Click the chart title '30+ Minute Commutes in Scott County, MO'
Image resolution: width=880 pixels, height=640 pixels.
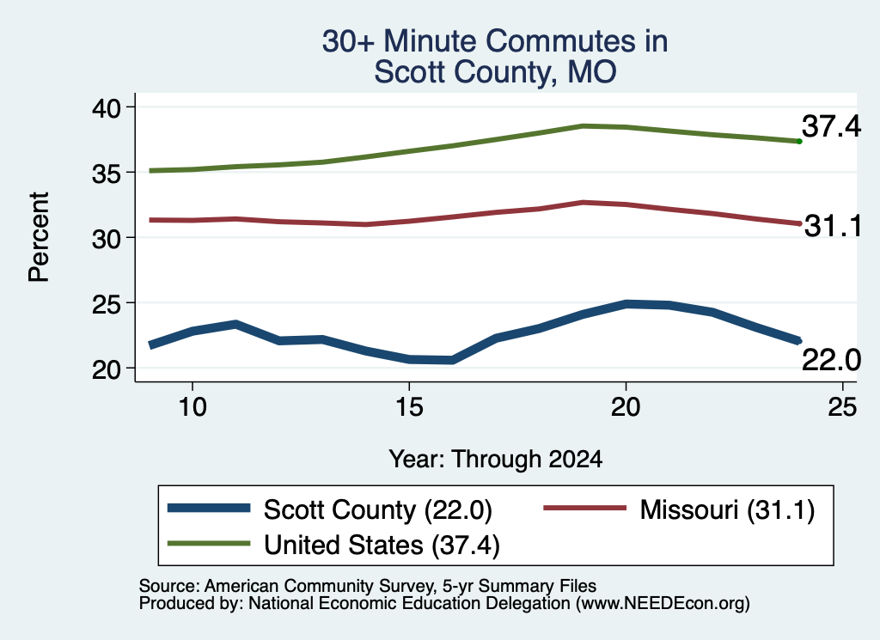click(x=495, y=56)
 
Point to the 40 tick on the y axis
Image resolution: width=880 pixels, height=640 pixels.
click(x=106, y=107)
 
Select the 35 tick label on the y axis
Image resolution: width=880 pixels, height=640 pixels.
click(x=106, y=173)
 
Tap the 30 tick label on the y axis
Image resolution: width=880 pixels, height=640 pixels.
click(x=106, y=238)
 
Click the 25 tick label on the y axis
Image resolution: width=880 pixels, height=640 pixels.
click(x=106, y=303)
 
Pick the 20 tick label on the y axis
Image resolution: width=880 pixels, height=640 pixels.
click(x=106, y=369)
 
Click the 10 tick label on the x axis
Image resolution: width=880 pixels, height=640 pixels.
click(x=192, y=406)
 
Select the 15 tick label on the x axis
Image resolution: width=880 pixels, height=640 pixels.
click(x=409, y=406)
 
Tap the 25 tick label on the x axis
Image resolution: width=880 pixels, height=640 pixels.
click(x=842, y=406)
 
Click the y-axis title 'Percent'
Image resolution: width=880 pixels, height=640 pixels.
click(x=39, y=237)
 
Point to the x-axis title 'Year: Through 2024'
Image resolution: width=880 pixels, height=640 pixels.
click(x=496, y=460)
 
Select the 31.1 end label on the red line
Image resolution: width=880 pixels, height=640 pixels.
click(x=833, y=226)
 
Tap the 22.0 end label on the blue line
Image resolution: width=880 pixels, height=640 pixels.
click(x=831, y=360)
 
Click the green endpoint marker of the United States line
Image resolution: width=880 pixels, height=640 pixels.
click(x=799, y=142)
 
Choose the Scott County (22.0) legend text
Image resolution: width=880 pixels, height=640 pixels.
click(x=378, y=510)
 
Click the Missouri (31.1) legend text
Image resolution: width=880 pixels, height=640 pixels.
click(x=727, y=510)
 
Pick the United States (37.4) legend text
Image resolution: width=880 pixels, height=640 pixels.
click(x=382, y=545)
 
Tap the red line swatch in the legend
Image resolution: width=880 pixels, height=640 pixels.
click(x=584, y=509)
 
